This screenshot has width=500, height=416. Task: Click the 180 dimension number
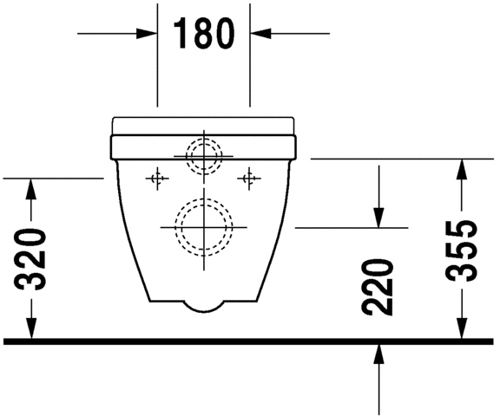click(x=204, y=34)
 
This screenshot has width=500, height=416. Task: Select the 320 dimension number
click(x=31, y=258)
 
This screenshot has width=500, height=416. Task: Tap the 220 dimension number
click(x=379, y=287)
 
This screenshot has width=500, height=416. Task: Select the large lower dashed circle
click(x=204, y=226)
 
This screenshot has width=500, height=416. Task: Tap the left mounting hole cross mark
click(x=156, y=179)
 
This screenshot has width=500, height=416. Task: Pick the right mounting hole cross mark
click(x=251, y=179)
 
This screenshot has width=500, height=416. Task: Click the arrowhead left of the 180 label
click(x=148, y=34)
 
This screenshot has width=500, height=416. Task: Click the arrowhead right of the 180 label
click(x=260, y=34)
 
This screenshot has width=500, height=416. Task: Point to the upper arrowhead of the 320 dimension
click(x=31, y=185)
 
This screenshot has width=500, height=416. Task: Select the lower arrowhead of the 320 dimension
click(x=31, y=330)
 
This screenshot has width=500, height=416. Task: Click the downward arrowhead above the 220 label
click(x=379, y=219)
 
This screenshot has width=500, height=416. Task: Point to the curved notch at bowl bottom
click(x=204, y=306)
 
